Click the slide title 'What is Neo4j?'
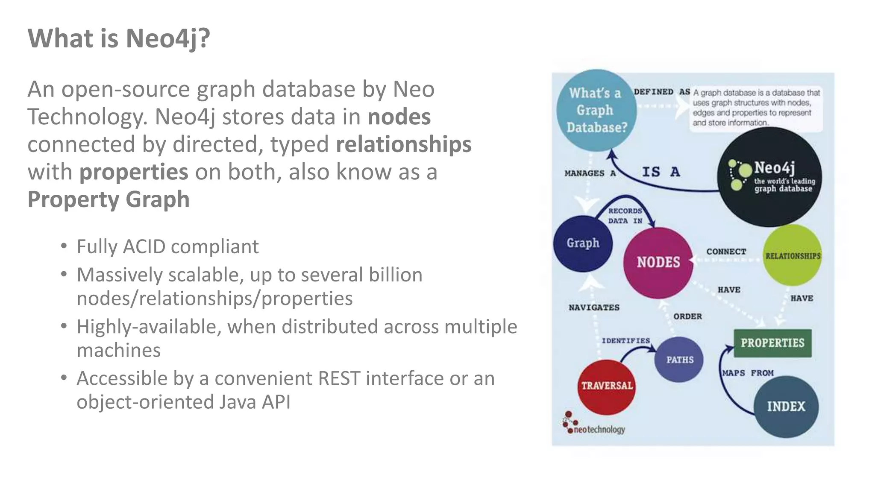(119, 38)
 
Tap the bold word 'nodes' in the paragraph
(399, 117)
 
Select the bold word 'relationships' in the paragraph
(403, 144)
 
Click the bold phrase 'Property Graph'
(109, 199)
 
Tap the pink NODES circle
(658, 262)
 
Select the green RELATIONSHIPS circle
(793, 255)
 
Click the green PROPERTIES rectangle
(772, 343)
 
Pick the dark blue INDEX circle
(786, 406)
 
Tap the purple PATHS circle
(679, 360)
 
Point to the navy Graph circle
(583, 243)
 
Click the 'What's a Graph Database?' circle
(596, 110)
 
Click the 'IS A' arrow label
(661, 172)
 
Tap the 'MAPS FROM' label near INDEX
(748, 373)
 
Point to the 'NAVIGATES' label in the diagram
(594, 307)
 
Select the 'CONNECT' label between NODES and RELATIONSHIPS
(726, 252)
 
